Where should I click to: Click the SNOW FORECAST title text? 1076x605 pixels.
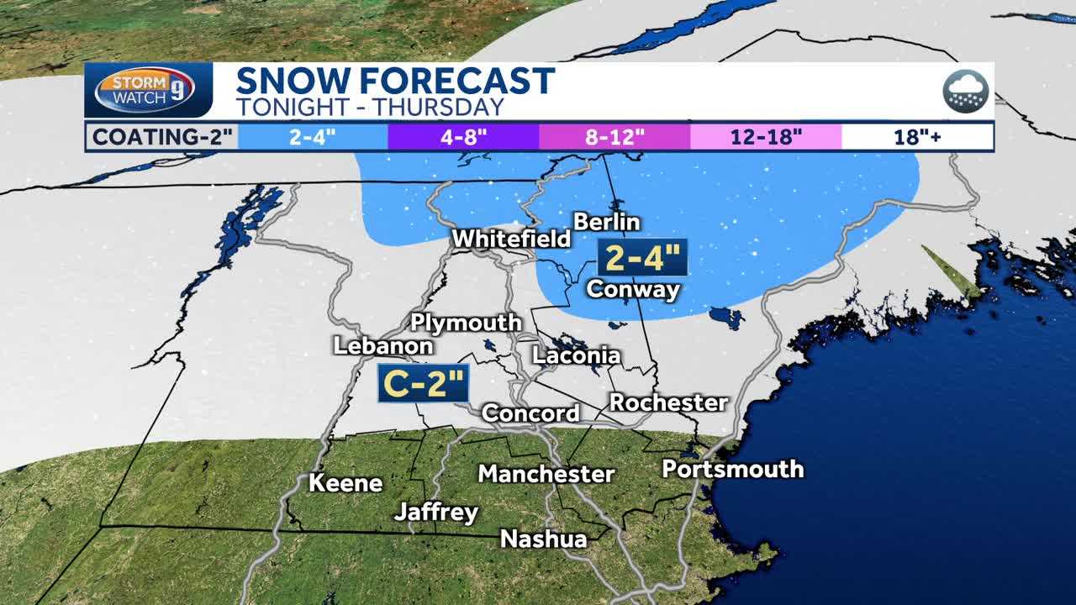pos(395,82)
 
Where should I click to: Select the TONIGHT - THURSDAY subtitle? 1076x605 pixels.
pos(369,107)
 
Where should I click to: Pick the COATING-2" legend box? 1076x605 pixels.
pos(161,137)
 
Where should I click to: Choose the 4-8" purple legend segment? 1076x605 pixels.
pos(463,137)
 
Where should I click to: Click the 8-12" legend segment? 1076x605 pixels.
pos(614,137)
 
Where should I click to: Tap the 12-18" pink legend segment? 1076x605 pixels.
pos(766,137)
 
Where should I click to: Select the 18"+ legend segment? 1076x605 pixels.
pos(917,137)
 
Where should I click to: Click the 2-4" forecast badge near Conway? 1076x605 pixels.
pos(642,258)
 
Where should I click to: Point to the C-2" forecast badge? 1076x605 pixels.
pos(423,383)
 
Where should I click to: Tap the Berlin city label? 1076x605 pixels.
pos(606,222)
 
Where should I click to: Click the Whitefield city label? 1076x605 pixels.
pos(511,239)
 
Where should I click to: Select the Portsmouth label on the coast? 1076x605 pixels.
pos(732,469)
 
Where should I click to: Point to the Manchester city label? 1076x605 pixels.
pos(546,474)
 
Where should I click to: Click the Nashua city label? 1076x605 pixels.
pos(543,539)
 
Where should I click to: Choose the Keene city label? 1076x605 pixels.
pos(345,483)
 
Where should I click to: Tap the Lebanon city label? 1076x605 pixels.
pos(383,345)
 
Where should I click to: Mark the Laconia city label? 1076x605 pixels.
pos(576,355)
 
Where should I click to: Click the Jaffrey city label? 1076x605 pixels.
pos(436,512)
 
